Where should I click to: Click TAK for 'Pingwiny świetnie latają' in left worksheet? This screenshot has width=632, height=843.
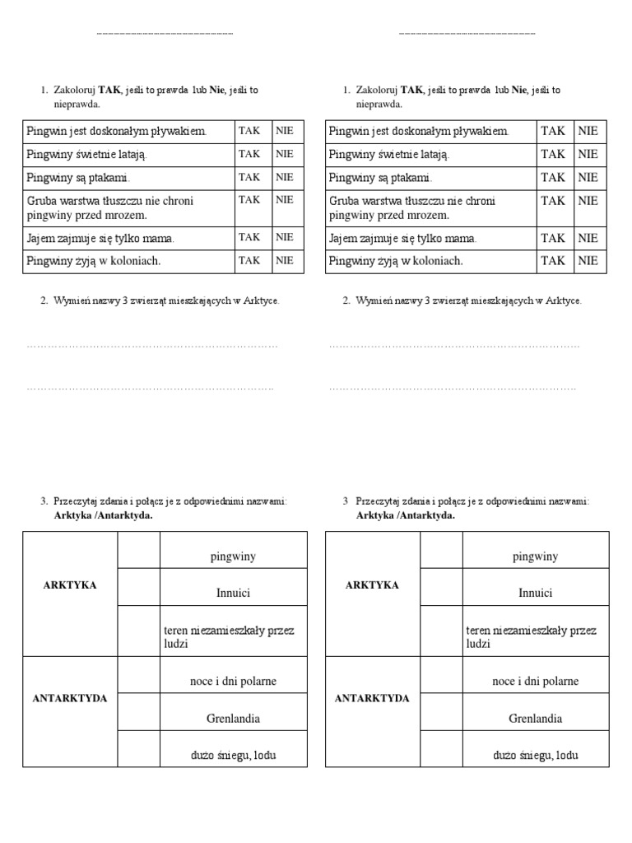pos(249,154)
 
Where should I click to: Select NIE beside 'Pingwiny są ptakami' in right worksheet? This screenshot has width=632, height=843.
pos(588,177)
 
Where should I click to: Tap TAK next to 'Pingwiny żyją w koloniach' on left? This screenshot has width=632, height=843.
pos(249,260)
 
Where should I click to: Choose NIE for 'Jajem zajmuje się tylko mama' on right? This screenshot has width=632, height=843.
pos(588,238)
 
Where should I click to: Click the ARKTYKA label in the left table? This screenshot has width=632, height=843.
pos(70,585)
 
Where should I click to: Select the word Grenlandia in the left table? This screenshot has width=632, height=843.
pos(233,719)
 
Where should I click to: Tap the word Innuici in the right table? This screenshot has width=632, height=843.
pos(535,593)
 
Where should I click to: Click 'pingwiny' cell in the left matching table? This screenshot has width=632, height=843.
pos(233,557)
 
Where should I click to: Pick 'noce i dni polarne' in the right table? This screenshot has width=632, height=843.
pos(535,681)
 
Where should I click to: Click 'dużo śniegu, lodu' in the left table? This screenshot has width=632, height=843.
pos(233,755)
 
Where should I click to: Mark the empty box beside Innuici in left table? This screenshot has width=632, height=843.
pos(139,587)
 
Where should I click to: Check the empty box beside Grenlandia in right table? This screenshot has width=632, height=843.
pos(441,711)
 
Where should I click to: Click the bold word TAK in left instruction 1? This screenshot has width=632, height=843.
pos(109,91)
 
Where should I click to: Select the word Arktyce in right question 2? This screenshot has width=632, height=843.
pos(565,301)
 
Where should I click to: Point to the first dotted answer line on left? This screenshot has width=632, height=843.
pos(152,346)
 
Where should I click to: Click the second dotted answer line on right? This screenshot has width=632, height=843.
pos(453,387)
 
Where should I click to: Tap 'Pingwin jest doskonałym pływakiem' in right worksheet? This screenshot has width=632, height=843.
pos(419,131)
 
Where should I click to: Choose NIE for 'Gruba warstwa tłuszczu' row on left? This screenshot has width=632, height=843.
pos(285,200)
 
